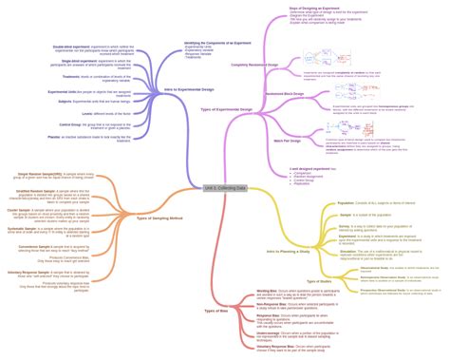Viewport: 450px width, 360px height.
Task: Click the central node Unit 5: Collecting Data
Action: pos(224,188)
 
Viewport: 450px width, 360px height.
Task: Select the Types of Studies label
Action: pos(318,282)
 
